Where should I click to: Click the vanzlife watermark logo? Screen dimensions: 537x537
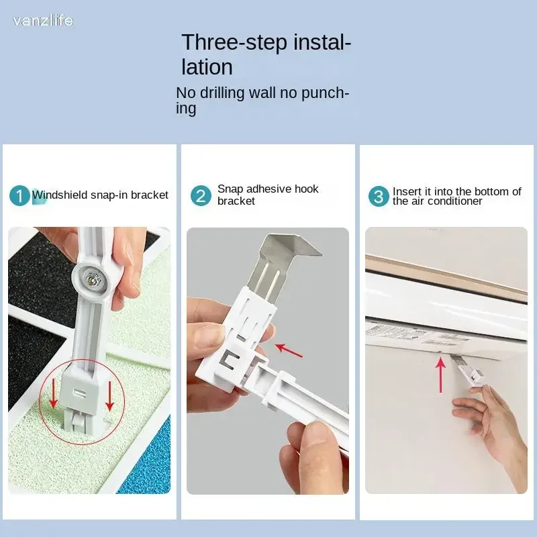tap(43, 21)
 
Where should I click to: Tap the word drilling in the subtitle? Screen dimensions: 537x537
tap(222, 93)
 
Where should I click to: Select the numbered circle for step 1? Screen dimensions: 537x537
tap(19, 195)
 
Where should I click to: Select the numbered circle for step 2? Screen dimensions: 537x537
tap(201, 195)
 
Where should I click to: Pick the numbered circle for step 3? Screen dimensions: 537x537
tap(379, 196)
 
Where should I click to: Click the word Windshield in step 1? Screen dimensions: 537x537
tap(60, 195)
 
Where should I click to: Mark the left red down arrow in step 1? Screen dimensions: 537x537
tap(53, 395)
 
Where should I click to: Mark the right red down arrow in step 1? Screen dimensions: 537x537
tap(109, 396)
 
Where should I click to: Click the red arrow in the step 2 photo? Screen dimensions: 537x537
tap(289, 350)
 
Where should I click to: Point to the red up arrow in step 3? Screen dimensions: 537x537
tap(440, 375)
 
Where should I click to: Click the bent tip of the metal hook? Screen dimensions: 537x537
tap(310, 247)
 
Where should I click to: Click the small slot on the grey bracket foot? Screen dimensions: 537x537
tap(81, 392)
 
